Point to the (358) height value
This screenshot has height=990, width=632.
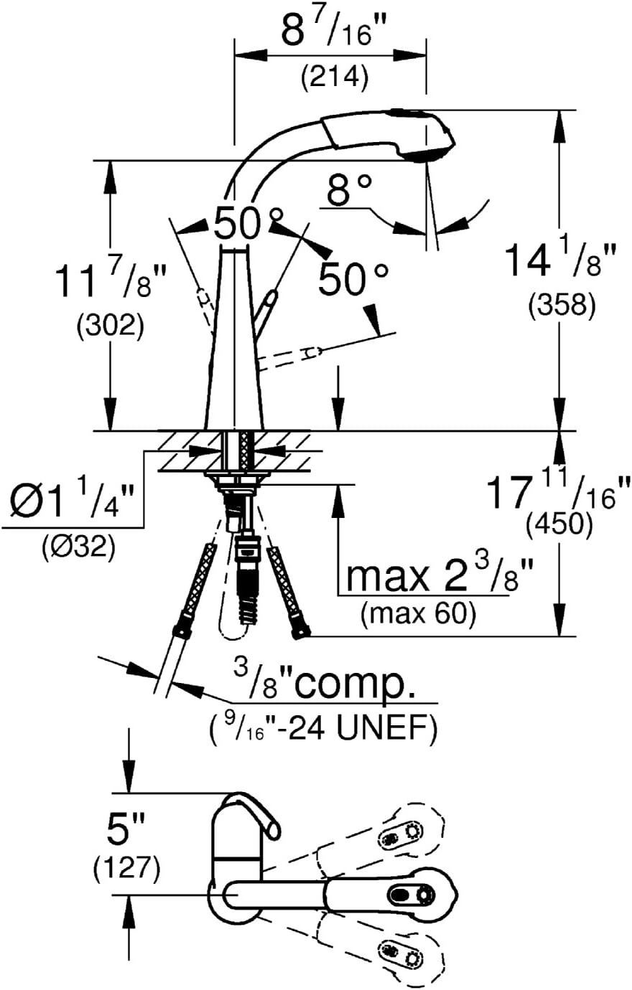coord(562,305)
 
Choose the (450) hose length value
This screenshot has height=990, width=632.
coord(559,525)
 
